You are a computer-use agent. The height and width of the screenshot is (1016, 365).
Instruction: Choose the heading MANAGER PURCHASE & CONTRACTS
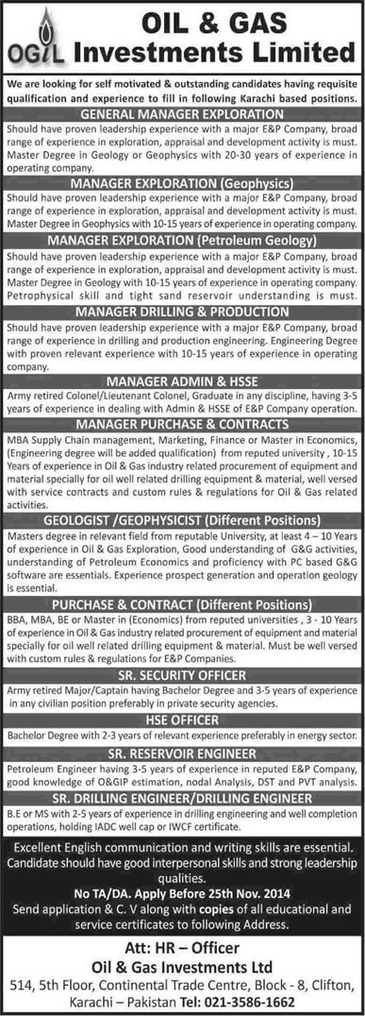[x=183, y=428]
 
